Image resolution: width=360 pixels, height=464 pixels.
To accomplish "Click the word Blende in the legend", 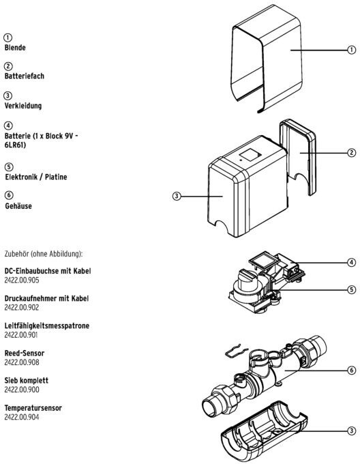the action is (15, 48).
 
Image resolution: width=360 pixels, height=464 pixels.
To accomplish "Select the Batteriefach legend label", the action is (25, 76).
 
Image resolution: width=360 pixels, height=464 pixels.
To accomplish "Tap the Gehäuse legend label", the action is (18, 206).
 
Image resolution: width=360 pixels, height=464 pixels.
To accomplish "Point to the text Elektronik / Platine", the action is (36, 177).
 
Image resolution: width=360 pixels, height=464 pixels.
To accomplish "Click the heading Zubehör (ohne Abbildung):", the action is (44, 254).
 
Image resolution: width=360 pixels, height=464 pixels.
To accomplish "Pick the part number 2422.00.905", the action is (22, 280).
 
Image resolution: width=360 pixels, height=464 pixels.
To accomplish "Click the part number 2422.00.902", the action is (22, 308).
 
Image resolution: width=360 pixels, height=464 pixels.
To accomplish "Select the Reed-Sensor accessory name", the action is (25, 353).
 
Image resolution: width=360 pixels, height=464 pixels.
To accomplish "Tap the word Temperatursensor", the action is (33, 408).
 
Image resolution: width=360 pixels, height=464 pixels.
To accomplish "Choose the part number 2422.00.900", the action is (22, 390).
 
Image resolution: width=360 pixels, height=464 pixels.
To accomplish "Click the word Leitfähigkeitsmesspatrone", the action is (46, 325).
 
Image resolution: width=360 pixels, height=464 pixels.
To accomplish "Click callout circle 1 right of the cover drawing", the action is (351, 50).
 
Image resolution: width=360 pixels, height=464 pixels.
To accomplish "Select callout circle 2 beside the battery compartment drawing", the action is (351, 153).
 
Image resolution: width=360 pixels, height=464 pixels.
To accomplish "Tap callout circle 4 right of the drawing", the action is (351, 262).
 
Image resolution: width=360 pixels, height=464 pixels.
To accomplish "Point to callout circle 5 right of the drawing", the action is (351, 289).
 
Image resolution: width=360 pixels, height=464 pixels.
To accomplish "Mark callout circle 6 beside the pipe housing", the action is (351, 371).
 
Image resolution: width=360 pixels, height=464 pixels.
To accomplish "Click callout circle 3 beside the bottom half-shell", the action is (351, 431).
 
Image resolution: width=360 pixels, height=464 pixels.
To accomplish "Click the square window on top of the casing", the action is (250, 154).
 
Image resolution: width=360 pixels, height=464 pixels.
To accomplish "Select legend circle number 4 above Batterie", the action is (8, 126).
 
